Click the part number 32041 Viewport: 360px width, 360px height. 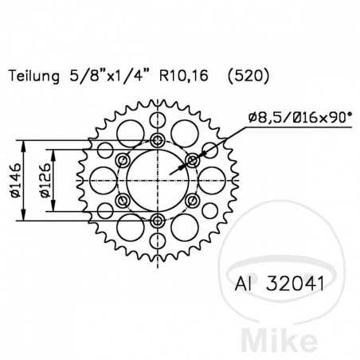(292, 284)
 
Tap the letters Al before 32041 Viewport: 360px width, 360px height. (245, 284)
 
